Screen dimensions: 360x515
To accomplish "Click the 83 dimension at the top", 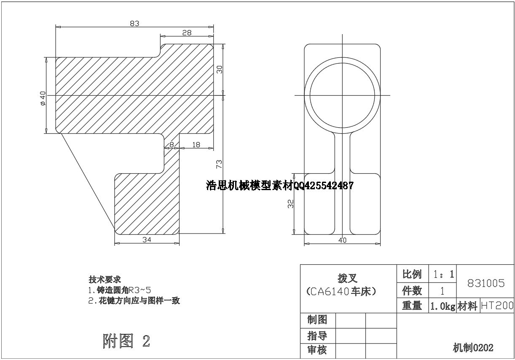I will point(134,23).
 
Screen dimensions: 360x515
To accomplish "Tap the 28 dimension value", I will point(187,33).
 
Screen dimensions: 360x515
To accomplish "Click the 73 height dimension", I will point(219,164).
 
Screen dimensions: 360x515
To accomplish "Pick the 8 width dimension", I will point(172,145).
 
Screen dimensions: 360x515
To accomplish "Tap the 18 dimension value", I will point(196,145).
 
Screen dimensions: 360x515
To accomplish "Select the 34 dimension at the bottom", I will point(147,239).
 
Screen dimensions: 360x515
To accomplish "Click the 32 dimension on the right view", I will point(290,204).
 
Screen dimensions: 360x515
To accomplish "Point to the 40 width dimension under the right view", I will point(342,240).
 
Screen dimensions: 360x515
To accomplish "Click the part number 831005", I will point(485,283).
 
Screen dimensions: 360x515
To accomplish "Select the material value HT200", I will point(497,306).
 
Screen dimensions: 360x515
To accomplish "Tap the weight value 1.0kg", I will point(442,306).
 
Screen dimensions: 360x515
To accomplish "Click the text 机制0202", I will point(473,348).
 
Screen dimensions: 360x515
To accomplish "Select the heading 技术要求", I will point(105,279).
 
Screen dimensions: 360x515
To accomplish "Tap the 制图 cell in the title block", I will point(317,320).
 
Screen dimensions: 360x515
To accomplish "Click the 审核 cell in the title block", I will point(317,350).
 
